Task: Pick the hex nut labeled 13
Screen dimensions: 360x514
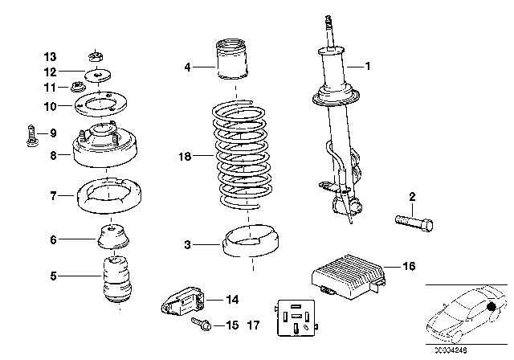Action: [93, 57]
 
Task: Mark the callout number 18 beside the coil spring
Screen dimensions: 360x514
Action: [186, 159]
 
